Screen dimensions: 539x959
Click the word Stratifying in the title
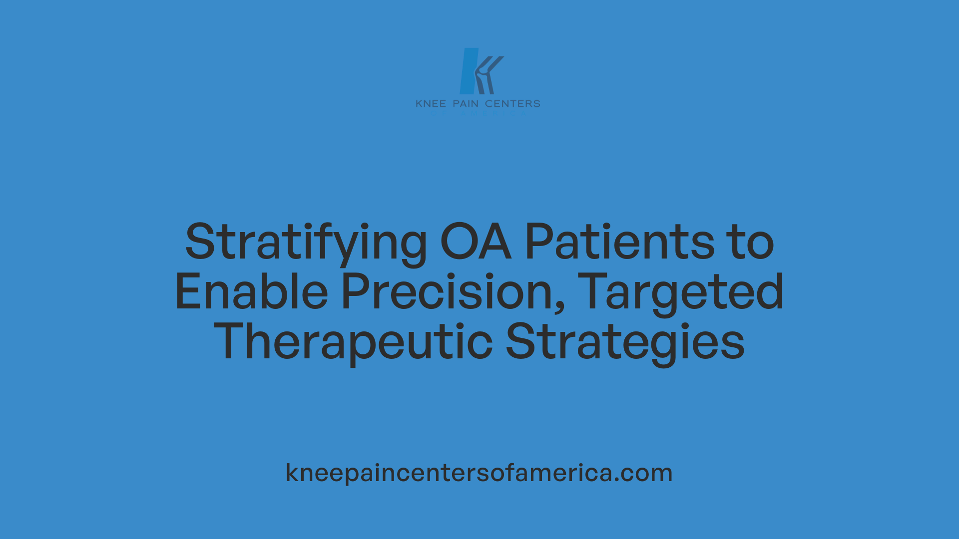coord(306,243)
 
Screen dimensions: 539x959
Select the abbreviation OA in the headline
coord(476,242)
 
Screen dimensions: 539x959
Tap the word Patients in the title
coord(619,242)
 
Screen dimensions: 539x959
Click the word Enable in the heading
coord(251,292)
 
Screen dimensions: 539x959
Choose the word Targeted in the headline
coord(683,293)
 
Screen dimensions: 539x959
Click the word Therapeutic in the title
coord(353,342)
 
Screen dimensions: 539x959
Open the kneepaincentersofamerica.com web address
coord(479,473)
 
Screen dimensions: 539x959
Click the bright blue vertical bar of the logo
coord(469,71)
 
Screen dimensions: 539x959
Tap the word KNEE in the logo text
coord(431,104)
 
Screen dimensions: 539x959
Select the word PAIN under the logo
coord(466,104)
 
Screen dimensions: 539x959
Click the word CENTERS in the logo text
coord(512,104)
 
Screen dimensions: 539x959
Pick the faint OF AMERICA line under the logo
coord(478,114)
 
